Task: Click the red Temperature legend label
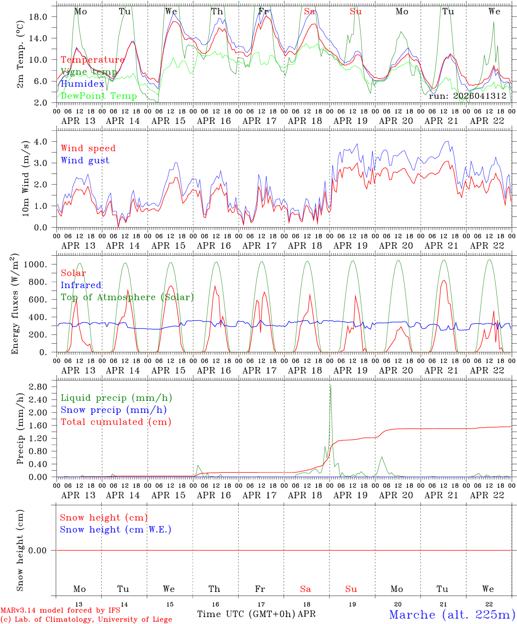tap(93, 60)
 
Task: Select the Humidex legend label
tap(82, 84)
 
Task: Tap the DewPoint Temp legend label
tap(99, 96)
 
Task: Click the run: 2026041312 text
tap(467, 96)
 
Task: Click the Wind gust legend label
tap(85, 160)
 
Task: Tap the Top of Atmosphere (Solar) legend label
tap(127, 297)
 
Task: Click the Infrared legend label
tap(81, 285)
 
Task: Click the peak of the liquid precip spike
tap(330, 385)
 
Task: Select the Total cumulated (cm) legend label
tap(116, 422)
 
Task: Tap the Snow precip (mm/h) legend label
tap(113, 410)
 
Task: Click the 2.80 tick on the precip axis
tap(37, 387)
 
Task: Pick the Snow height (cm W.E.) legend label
tap(115, 530)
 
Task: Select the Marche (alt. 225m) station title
tap(452, 614)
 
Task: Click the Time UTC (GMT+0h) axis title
tap(246, 614)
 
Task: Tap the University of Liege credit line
tap(86, 619)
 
